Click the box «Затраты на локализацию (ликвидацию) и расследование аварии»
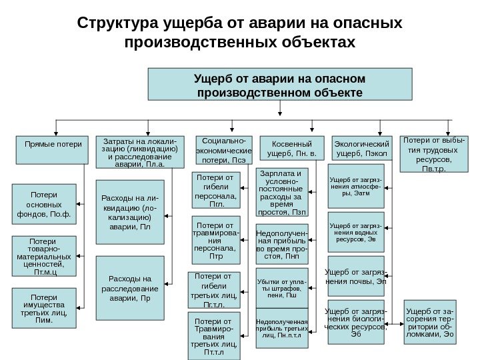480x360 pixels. click(x=137, y=153)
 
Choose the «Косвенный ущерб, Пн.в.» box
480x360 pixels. click(x=290, y=149)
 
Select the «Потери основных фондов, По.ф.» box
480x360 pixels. click(x=44, y=205)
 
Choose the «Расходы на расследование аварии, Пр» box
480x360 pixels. click(x=130, y=288)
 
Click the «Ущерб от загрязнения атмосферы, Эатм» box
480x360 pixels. click(x=355, y=188)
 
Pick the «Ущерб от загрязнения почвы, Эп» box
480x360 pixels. click(x=355, y=276)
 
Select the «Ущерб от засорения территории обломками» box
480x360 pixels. click(x=431, y=321)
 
